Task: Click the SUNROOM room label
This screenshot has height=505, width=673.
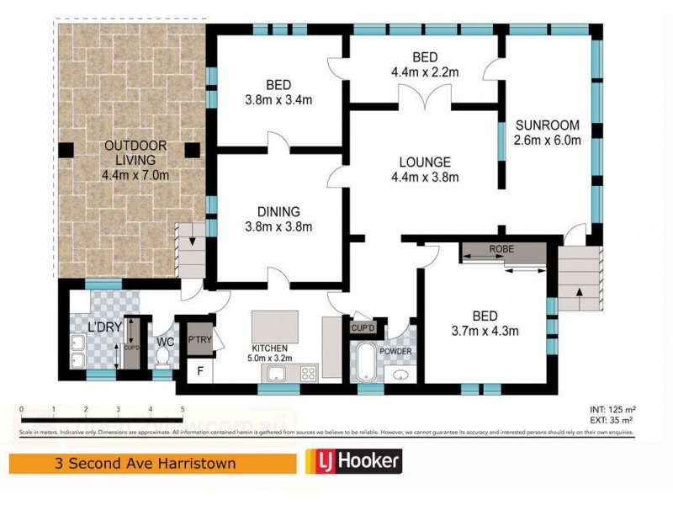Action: point(547,126)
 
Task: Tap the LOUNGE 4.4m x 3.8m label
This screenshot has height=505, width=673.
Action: point(425,169)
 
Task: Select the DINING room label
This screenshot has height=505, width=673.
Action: point(278,219)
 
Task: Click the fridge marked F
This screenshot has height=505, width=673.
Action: point(200,369)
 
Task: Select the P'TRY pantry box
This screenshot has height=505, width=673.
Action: point(199,338)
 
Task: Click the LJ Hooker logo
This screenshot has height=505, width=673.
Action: point(352,461)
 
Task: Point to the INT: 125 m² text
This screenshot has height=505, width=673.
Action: point(610,410)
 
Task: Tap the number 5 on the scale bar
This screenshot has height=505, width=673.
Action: point(183,409)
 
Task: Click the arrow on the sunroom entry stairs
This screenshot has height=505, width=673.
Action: point(580,293)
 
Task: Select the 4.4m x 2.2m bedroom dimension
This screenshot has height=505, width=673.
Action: point(425,72)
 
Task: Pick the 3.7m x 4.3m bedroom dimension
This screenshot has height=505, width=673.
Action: point(484,330)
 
